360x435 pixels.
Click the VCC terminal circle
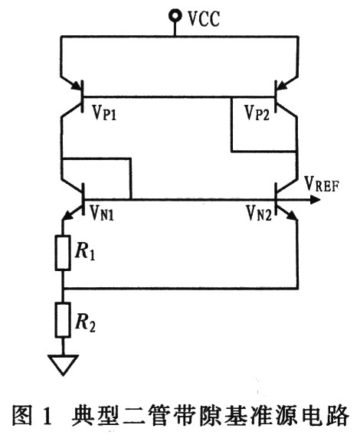pyautogui.click(x=175, y=15)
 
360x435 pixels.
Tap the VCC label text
pyautogui.click(x=204, y=19)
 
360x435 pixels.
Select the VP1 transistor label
pyautogui.click(x=104, y=113)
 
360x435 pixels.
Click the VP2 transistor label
pyautogui.click(x=257, y=113)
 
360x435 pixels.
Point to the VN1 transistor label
pyautogui.click(x=102, y=213)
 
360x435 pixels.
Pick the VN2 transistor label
pyautogui.click(x=259, y=213)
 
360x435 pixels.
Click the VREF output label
pyautogui.click(x=322, y=184)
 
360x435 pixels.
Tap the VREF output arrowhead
pyautogui.click(x=316, y=199)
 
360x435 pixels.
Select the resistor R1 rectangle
pyautogui.click(x=63, y=253)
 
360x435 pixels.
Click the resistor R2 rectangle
pyautogui.click(x=63, y=320)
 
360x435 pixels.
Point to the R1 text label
pyautogui.click(x=85, y=252)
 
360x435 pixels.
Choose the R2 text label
pyautogui.click(x=86, y=323)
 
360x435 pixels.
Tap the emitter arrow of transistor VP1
pyautogui.click(x=77, y=86)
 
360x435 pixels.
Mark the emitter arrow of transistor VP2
pyautogui.click(x=283, y=86)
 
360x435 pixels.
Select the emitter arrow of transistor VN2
pyautogui.click(x=290, y=215)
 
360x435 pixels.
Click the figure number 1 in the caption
pyautogui.click(x=47, y=416)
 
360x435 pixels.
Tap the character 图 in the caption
pyautogui.click(x=22, y=415)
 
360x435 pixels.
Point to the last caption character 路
pyautogui.click(x=337, y=415)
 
